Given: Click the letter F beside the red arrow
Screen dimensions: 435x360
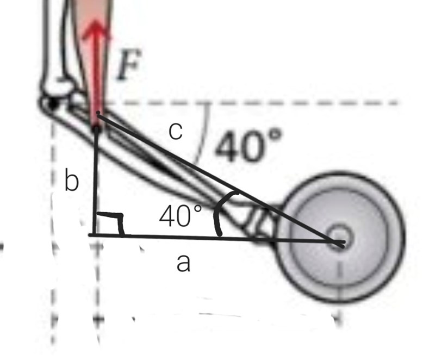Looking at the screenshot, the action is point(129,65).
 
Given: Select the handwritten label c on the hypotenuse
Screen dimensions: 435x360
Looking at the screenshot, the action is point(176,132).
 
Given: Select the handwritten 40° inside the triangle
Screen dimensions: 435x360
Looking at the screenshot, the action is point(181,216).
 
